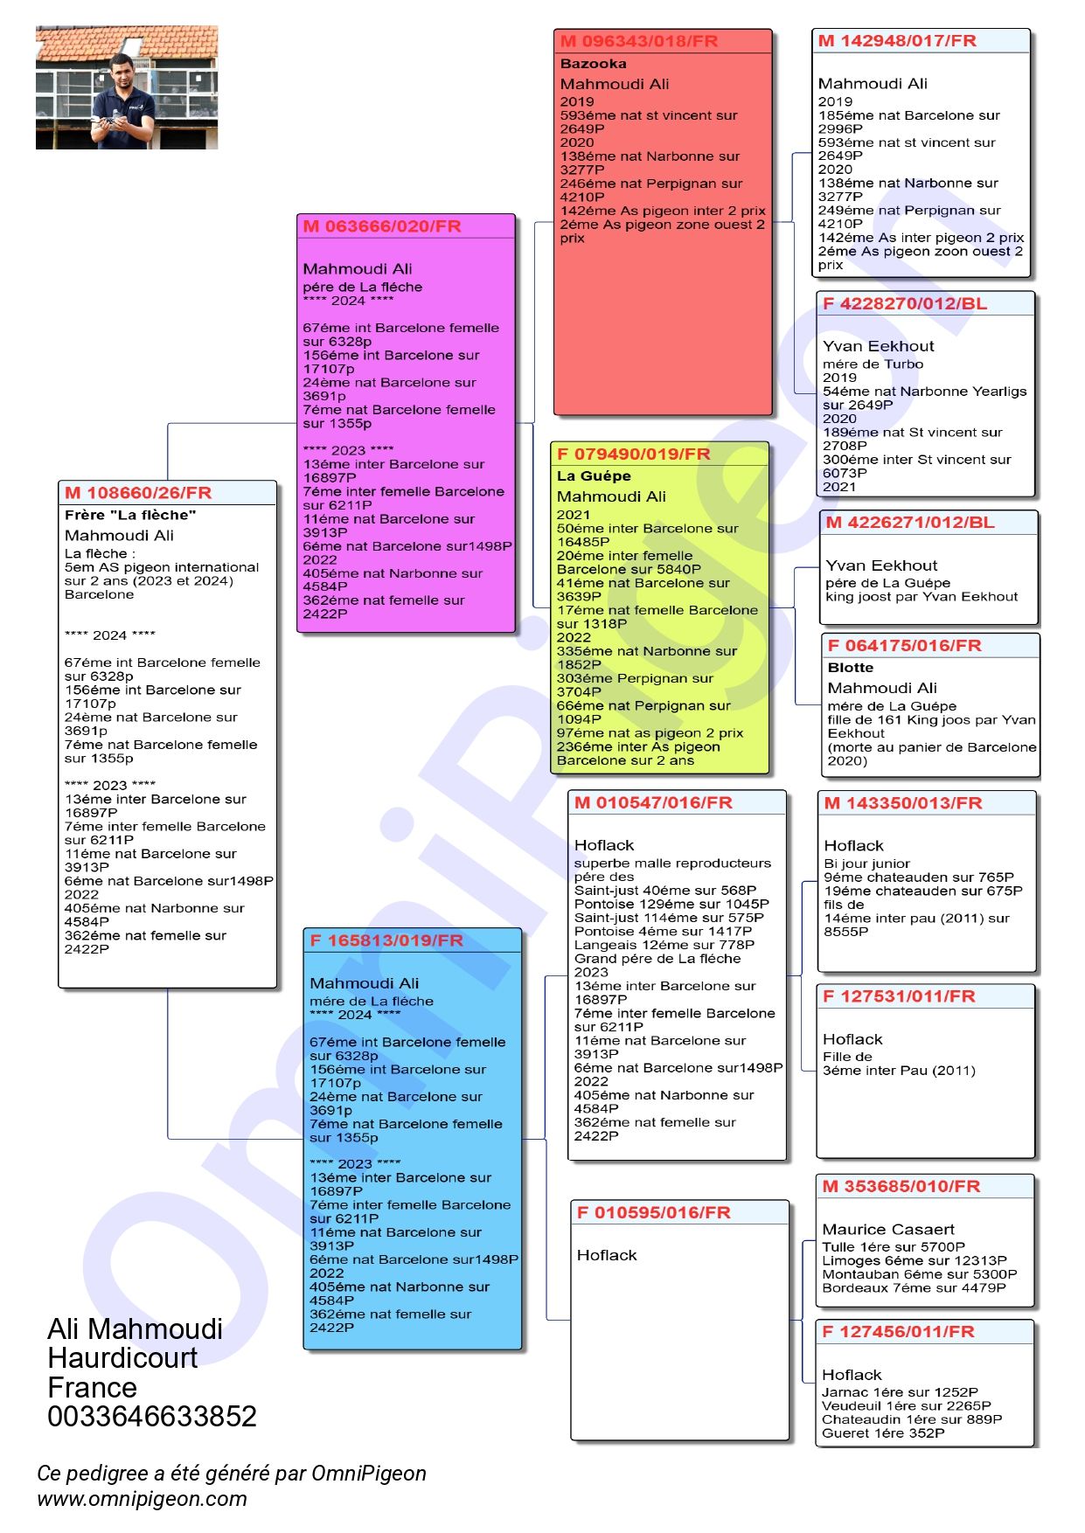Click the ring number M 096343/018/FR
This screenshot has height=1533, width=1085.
[x=638, y=41]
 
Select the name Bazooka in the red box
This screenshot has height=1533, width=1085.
[x=593, y=64]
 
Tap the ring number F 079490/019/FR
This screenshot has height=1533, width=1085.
[x=633, y=454]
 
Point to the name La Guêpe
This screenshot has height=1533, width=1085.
[x=594, y=476]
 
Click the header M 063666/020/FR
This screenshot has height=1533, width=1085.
[x=381, y=226]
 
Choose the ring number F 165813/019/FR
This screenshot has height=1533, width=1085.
[x=386, y=940]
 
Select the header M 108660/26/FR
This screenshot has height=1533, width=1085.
[x=138, y=493]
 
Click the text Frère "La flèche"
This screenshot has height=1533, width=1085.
[x=130, y=515]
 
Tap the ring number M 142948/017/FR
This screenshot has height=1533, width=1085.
[x=897, y=41]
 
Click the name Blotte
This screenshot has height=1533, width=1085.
[x=851, y=668]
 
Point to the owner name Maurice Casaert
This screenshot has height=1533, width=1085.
[x=888, y=1229]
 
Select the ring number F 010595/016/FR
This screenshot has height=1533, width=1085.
[x=653, y=1212]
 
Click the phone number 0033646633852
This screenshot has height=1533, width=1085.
[x=152, y=1416]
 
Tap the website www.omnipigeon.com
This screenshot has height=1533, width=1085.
[x=142, y=1499]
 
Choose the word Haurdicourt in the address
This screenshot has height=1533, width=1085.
[x=122, y=1357]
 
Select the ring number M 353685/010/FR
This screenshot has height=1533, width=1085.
[x=901, y=1186]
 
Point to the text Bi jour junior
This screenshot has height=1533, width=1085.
[x=866, y=864]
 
